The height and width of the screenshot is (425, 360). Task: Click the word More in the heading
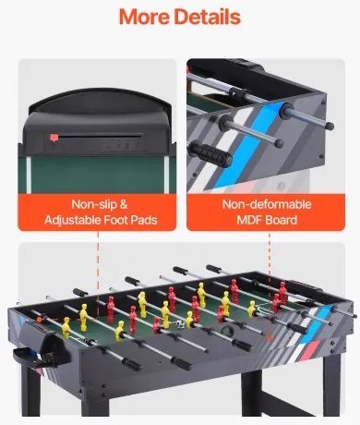click(146, 18)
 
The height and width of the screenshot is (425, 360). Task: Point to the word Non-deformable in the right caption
click(262, 203)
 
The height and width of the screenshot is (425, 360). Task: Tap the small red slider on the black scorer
click(54, 138)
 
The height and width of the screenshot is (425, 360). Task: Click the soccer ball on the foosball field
click(167, 322)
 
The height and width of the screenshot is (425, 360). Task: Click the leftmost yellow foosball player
click(66, 325)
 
